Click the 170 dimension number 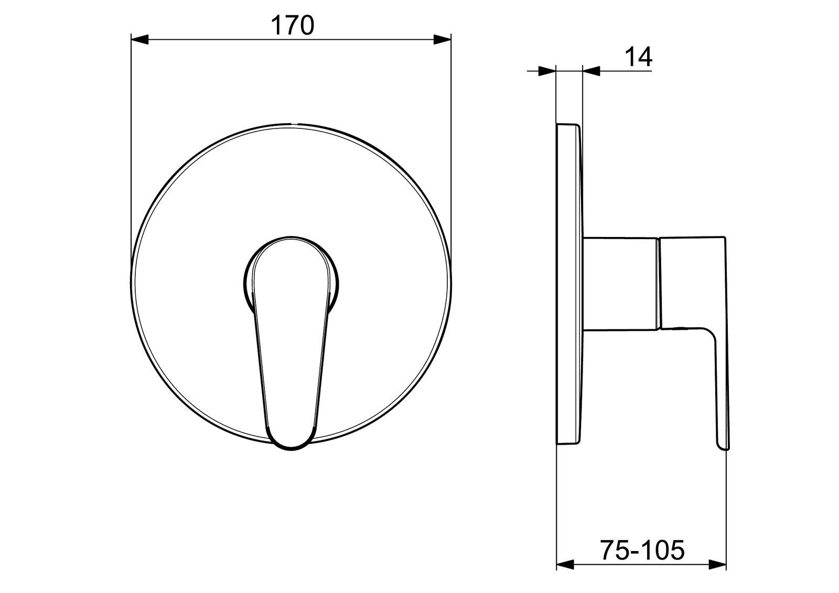coord(292,26)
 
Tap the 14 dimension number coord(638,57)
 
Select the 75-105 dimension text coord(642,550)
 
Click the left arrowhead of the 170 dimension coord(139,39)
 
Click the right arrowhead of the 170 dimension coord(442,39)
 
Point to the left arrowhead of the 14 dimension coord(547,71)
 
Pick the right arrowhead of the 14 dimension coord(591,71)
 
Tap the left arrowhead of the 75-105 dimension coord(565,575)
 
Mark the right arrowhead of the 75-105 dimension coord(717,575)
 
